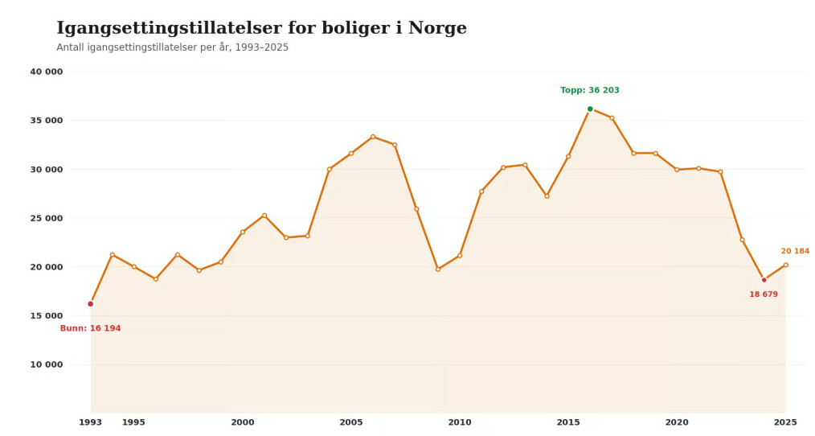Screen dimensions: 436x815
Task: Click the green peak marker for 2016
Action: click(x=590, y=109)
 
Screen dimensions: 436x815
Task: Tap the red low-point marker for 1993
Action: click(x=91, y=304)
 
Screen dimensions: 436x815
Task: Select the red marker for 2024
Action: click(x=764, y=280)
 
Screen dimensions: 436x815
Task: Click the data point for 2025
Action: click(x=785, y=265)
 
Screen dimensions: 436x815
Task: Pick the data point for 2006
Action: click(x=373, y=137)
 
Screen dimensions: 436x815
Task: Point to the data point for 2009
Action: click(x=438, y=269)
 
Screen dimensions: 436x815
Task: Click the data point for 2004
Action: click(x=330, y=169)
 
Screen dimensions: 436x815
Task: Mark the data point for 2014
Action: click(x=547, y=195)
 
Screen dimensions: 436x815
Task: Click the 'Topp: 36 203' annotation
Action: click(x=590, y=90)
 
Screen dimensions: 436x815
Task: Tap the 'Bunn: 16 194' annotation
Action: click(x=90, y=328)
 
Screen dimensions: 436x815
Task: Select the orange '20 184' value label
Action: click(x=795, y=251)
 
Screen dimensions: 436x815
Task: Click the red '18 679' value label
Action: click(x=764, y=294)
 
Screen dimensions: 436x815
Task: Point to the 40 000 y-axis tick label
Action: click(x=47, y=72)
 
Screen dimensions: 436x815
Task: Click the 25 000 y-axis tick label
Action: click(x=47, y=218)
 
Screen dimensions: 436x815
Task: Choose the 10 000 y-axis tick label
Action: click(x=47, y=364)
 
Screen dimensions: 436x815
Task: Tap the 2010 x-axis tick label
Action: click(x=460, y=422)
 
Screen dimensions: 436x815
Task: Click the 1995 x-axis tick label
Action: click(x=134, y=422)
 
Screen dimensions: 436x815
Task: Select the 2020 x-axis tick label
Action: click(x=677, y=422)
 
